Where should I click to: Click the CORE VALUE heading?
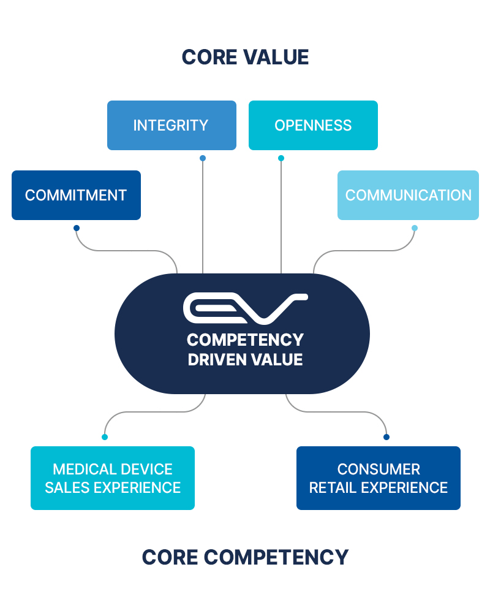(245, 57)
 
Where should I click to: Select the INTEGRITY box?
(171, 125)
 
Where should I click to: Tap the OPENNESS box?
(313, 125)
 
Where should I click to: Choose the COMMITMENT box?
(76, 195)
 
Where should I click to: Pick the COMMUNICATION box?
(408, 195)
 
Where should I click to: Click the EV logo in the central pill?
(245, 308)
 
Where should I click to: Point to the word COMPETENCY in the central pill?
(245, 340)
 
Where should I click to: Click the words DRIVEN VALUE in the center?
(245, 359)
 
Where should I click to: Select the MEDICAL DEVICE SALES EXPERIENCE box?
(113, 478)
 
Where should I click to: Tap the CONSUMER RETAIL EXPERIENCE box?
(378, 478)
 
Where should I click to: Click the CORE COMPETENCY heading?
(245, 557)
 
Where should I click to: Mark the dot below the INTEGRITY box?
(203, 158)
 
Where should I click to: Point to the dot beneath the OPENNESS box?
(281, 158)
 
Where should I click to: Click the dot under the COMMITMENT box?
(77, 228)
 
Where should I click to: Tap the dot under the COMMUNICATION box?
(415, 228)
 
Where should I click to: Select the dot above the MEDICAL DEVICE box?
(105, 437)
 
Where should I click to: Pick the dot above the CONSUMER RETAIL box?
(386, 437)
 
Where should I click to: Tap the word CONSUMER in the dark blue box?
(379, 470)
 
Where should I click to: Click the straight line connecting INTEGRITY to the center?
(203, 215)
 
